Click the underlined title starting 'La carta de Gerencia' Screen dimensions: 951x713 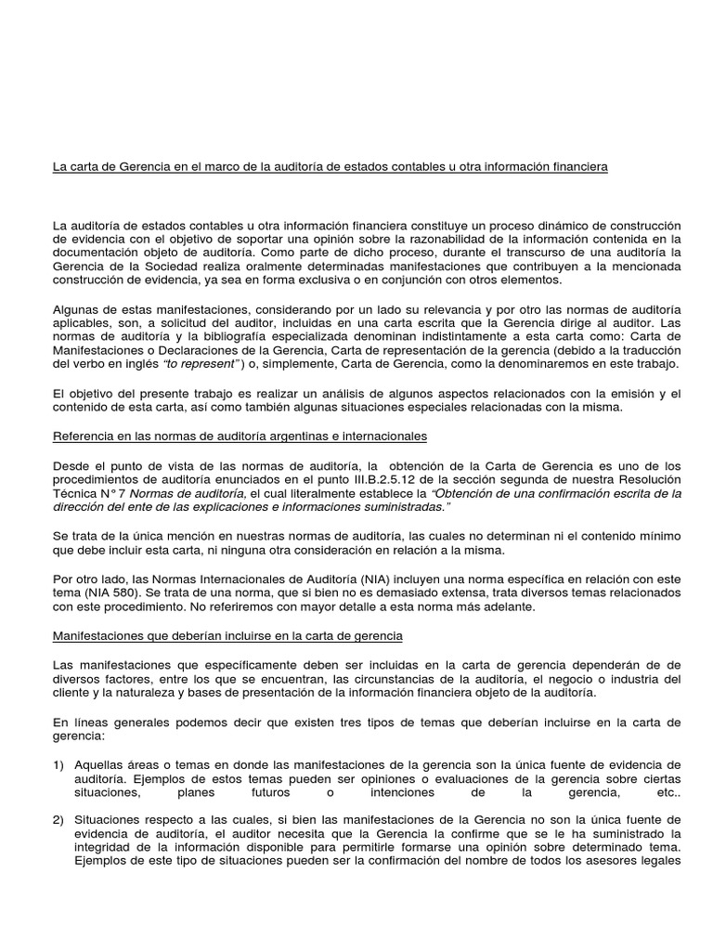pos(330,167)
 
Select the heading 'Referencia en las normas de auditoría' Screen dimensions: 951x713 pos(240,436)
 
